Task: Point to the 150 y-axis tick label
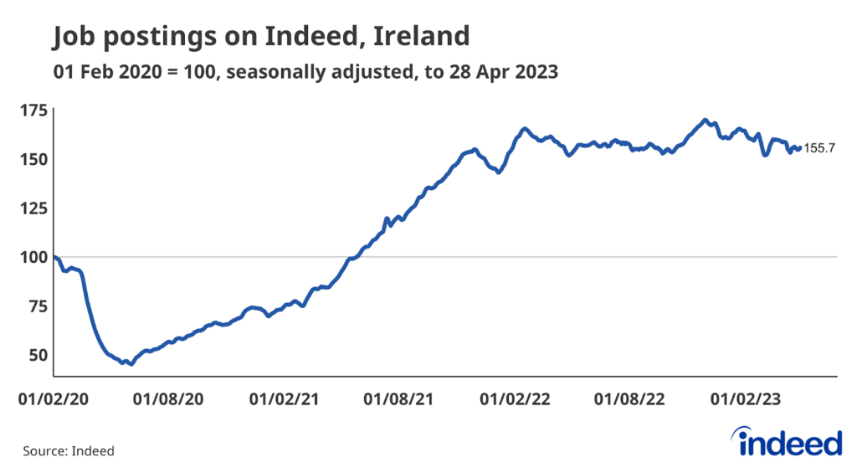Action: [x=33, y=158]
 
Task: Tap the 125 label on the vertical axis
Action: [x=33, y=208]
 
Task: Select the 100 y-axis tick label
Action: [x=33, y=257]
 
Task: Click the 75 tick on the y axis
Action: [x=36, y=306]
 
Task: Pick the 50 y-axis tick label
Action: [x=36, y=355]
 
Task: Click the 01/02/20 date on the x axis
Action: [x=53, y=400]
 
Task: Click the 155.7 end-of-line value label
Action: [x=819, y=149]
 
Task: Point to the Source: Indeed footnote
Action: [x=68, y=450]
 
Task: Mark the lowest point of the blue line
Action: [x=131, y=364]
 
